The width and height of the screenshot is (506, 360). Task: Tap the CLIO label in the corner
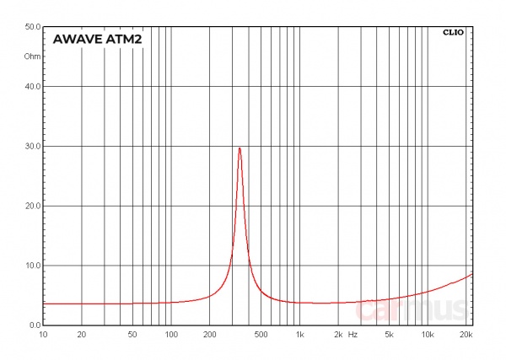pyautogui.click(x=453, y=33)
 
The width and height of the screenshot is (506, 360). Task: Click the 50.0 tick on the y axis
pyautogui.click(x=33, y=27)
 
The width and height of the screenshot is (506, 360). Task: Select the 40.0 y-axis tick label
pyautogui.click(x=33, y=87)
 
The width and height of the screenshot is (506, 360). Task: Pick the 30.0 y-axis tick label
pyautogui.click(x=33, y=147)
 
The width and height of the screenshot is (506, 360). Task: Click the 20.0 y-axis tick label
pyautogui.click(x=33, y=207)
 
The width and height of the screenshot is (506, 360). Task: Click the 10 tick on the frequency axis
pyautogui.click(x=43, y=335)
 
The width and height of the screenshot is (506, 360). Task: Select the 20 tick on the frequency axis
pyautogui.click(x=82, y=335)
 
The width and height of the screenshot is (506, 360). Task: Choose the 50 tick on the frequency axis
pyautogui.click(x=132, y=335)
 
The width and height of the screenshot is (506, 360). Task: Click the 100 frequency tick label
pyautogui.click(x=171, y=335)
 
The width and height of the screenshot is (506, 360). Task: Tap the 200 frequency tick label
pyautogui.click(x=210, y=335)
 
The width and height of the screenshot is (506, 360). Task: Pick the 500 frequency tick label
pyautogui.click(x=261, y=335)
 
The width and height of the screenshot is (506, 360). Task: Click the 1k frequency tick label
pyautogui.click(x=299, y=335)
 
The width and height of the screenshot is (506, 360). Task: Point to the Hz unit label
pyautogui.click(x=353, y=335)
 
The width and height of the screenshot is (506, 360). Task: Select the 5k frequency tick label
pyautogui.click(x=389, y=335)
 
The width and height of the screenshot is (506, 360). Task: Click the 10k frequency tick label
pyautogui.click(x=428, y=335)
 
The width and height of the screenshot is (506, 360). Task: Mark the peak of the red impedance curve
pyautogui.click(x=240, y=148)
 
